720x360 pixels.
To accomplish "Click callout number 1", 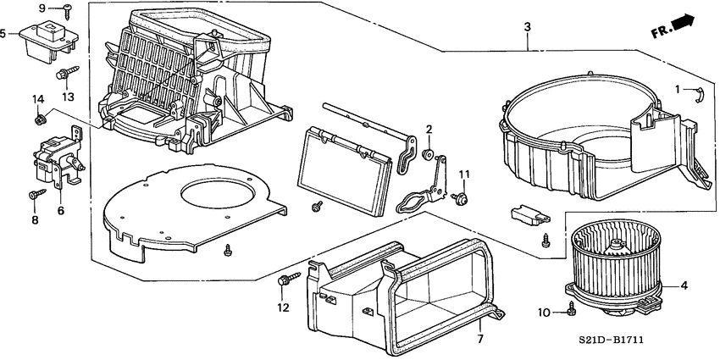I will pos(677,89).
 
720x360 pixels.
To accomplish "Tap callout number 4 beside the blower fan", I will pos(684,285).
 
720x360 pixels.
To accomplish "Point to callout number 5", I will pos(6,35).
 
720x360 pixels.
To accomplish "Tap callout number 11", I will pos(463,174).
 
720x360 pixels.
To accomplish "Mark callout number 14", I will pos(37,101).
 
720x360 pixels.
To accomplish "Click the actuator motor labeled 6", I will pos(56,161).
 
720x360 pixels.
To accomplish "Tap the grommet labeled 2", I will pos(429,155).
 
